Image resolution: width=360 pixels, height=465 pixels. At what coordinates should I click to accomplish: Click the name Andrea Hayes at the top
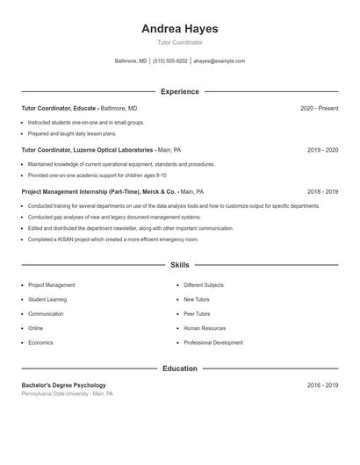point(179,29)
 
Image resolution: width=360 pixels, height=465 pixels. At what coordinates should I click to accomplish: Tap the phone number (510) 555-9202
point(169,61)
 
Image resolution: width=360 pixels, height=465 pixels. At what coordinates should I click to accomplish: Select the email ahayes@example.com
point(219,61)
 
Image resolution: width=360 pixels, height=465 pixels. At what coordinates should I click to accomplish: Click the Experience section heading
point(179,91)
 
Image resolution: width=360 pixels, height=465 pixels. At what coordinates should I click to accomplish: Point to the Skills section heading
point(179,264)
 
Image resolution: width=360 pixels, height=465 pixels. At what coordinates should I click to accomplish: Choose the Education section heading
point(179,368)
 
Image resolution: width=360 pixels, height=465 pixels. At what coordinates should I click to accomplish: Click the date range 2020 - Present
point(319,108)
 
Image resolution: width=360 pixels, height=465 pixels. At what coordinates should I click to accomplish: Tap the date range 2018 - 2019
point(322,191)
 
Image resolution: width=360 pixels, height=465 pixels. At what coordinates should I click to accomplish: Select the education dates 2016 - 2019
point(322,385)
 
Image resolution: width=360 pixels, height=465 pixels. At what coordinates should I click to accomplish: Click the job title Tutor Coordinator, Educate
point(59,108)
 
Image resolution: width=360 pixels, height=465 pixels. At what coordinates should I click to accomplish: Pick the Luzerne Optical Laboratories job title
point(88,150)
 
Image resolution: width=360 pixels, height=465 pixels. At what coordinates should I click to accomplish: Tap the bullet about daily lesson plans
point(72,134)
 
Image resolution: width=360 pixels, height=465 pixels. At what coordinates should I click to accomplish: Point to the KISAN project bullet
point(113,240)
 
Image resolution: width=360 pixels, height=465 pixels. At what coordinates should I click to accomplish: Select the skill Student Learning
point(47,299)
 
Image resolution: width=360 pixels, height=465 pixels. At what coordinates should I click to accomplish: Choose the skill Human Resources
point(205,328)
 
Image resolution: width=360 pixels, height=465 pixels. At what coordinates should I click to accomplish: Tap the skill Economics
point(40,342)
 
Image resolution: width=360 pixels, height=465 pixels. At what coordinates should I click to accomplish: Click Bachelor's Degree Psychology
point(63,385)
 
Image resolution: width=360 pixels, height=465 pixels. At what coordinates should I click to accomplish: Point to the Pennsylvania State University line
point(67,394)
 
